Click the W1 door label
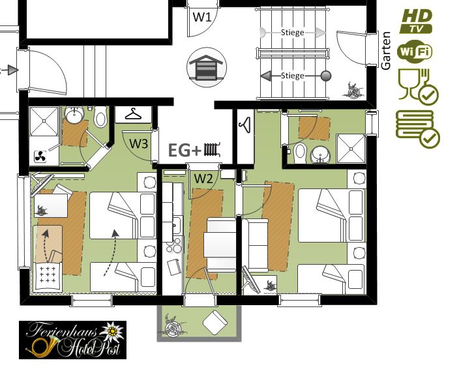tap(202, 17)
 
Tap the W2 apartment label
tap(203, 178)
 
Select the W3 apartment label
tap(139, 144)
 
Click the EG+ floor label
tap(185, 150)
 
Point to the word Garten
tap(387, 51)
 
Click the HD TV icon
tap(416, 21)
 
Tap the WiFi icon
tap(415, 52)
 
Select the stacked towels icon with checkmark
tap(418, 128)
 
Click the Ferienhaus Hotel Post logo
tap(72, 340)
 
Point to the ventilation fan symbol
tap(40, 156)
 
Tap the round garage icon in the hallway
tap(207, 67)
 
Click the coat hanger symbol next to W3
tap(133, 114)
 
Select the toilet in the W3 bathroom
tap(100, 117)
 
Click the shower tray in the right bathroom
tap(351, 149)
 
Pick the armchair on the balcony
tap(215, 322)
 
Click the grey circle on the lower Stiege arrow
tap(326, 76)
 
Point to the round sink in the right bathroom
tap(320, 155)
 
